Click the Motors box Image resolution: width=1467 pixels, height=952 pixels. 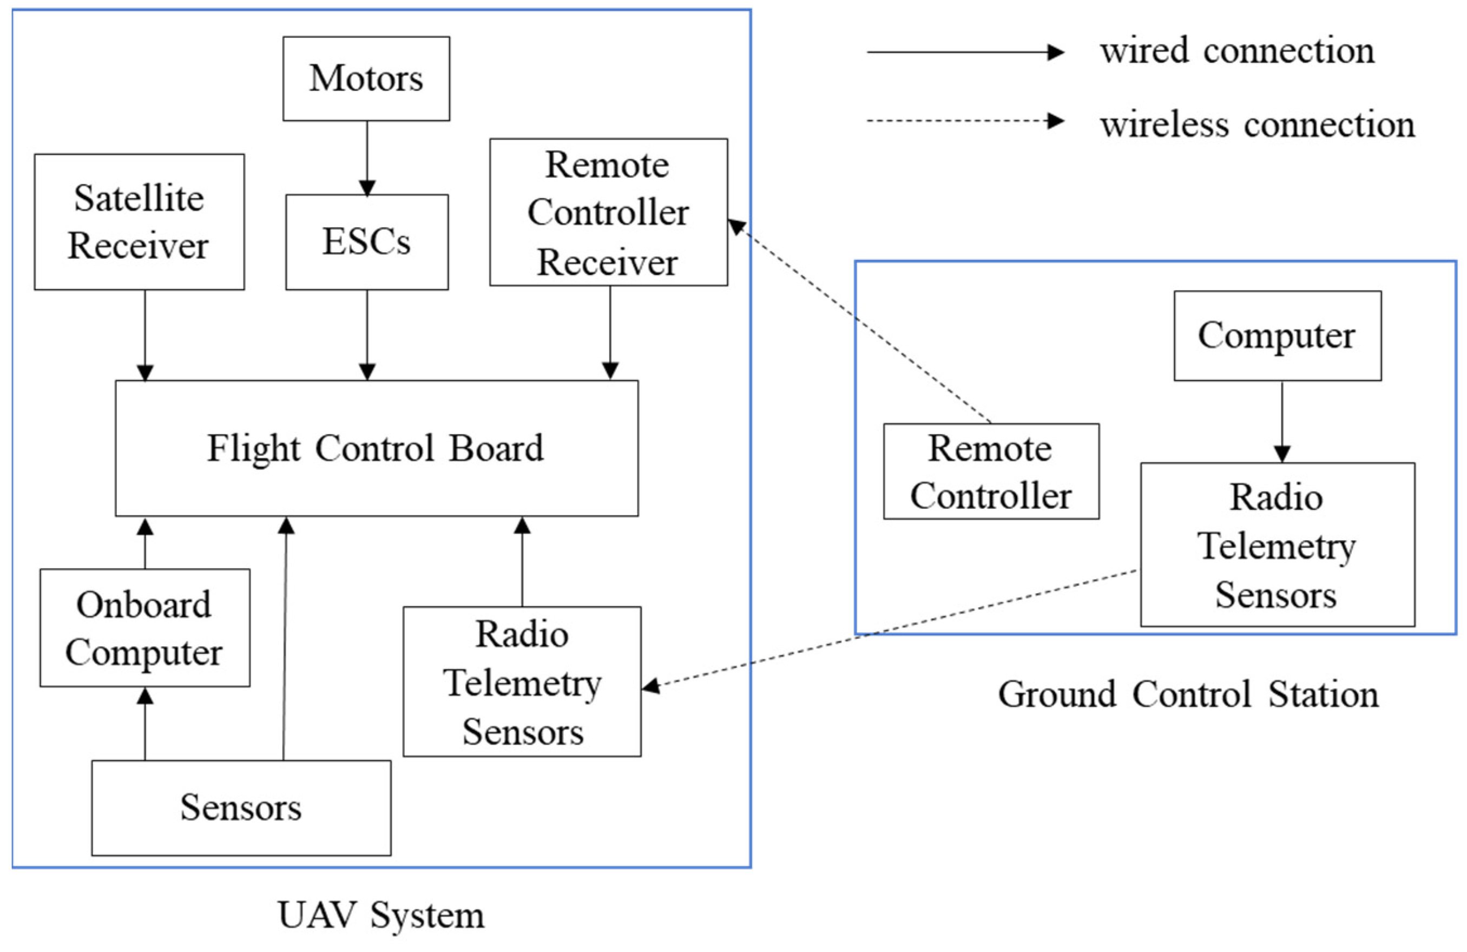366,78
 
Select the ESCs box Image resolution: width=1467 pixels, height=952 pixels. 367,242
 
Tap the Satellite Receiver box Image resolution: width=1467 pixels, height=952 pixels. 139,222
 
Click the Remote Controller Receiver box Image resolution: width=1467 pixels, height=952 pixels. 608,212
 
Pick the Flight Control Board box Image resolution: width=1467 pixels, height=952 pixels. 377,448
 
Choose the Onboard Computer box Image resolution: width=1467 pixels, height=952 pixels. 145,628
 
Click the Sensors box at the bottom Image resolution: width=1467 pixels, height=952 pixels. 241,807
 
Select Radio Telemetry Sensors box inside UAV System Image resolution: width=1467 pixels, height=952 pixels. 522,682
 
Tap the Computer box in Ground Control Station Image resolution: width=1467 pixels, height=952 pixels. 1277,336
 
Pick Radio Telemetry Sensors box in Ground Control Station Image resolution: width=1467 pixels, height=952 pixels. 1277,545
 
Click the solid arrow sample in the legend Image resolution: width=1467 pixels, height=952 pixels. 965,52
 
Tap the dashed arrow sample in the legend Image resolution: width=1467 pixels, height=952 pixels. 965,121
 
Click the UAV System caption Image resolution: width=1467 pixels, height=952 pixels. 381,915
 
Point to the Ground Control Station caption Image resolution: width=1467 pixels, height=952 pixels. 1188,694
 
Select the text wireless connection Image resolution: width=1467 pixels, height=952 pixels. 1258,125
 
